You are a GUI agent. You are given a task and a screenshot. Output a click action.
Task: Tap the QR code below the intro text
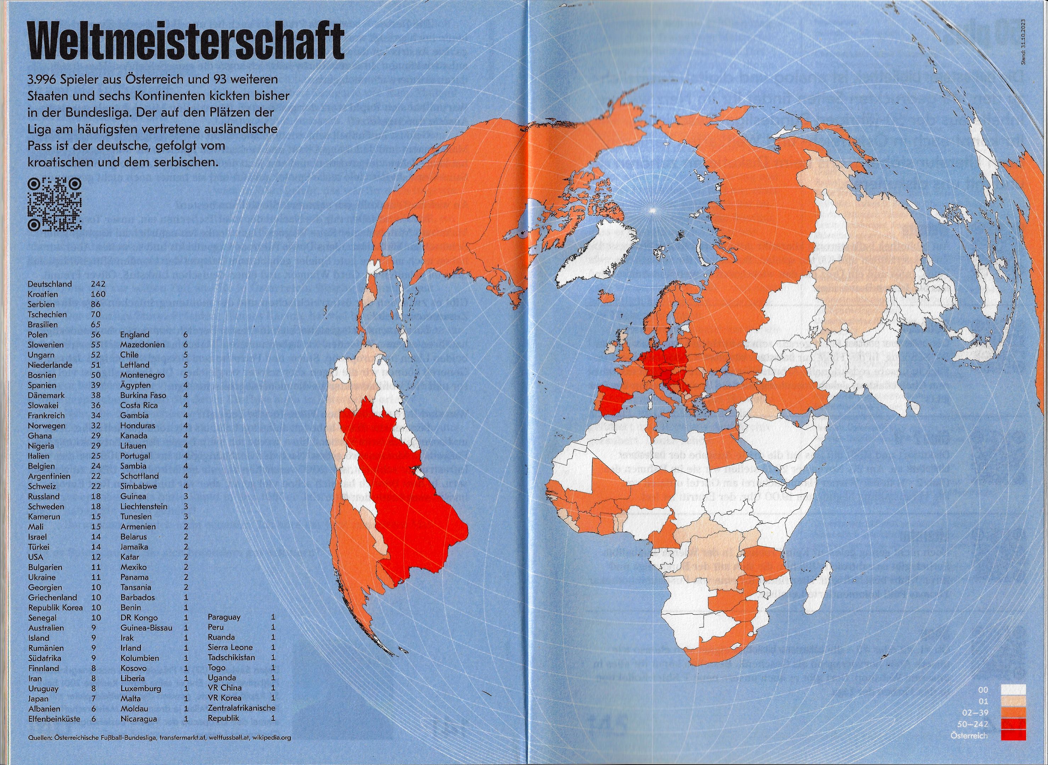point(55,204)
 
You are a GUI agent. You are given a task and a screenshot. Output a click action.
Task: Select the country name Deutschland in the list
point(50,284)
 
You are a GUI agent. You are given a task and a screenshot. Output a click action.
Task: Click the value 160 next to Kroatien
point(98,294)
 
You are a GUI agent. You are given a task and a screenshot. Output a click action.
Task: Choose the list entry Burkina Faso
point(143,395)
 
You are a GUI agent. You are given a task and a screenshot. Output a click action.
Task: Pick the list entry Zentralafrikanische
point(241,708)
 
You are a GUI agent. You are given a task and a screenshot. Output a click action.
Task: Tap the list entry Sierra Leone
point(230,647)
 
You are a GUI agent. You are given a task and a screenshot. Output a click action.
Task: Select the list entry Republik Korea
point(55,607)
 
